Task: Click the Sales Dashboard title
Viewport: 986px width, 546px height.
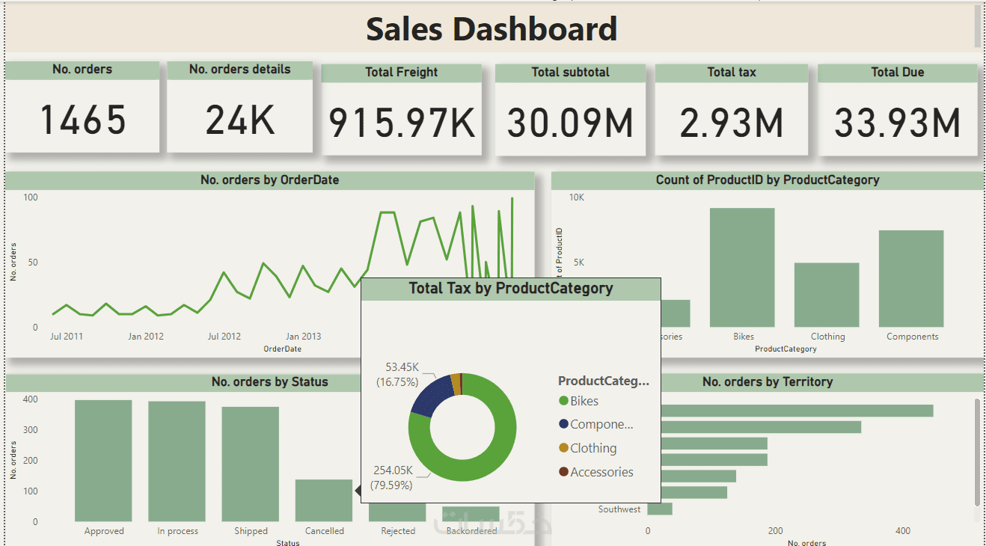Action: point(492,29)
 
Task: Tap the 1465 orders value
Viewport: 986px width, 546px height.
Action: point(82,120)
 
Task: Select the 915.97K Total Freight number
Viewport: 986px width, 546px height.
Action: point(402,123)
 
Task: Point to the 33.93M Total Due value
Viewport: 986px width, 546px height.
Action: point(897,123)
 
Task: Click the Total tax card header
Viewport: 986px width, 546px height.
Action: point(731,73)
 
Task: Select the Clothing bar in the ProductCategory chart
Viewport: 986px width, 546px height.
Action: point(827,295)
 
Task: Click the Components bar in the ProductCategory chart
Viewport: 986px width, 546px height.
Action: point(911,278)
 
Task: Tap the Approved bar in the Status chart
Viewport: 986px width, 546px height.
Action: point(103,460)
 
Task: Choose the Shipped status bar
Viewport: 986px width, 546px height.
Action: point(250,464)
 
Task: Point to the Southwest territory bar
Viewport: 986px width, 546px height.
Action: point(660,509)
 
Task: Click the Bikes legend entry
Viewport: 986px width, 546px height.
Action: point(584,401)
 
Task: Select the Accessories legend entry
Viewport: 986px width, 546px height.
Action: point(601,472)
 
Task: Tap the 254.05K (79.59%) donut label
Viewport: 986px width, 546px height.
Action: point(393,477)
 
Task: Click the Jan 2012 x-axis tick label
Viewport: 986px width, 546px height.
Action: point(145,337)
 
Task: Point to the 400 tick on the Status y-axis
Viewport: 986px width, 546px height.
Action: point(29,399)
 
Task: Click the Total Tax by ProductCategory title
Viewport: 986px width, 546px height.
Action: point(511,289)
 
